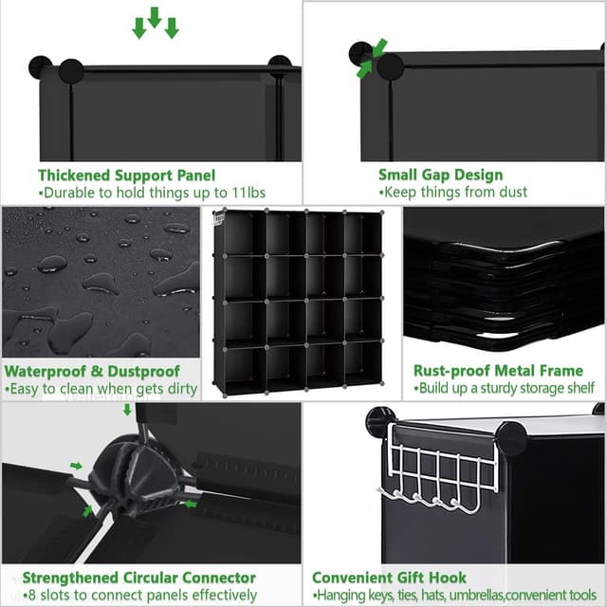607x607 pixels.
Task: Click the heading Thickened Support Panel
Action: click(126, 175)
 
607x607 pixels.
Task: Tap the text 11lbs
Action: click(248, 193)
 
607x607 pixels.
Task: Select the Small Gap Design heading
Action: click(440, 175)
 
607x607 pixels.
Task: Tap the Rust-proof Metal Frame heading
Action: click(499, 371)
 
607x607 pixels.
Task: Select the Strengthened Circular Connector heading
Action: click(138, 578)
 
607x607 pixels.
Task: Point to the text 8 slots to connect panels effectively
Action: click(139, 596)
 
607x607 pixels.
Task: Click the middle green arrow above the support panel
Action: click(155, 17)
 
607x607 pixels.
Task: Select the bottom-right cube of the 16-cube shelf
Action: click(362, 365)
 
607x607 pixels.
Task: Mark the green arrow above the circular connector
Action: click(127, 410)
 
